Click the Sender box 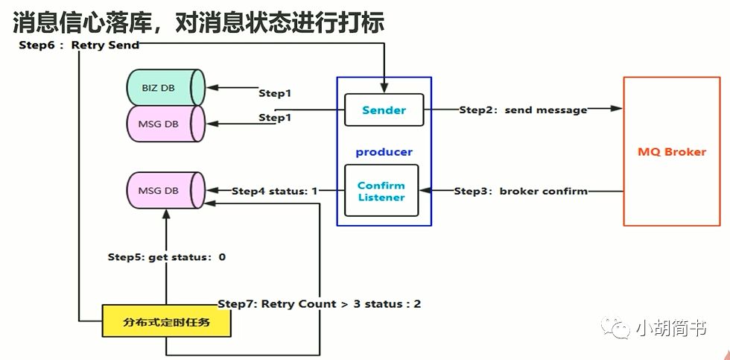pyautogui.click(x=384, y=110)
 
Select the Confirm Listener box pyautogui.click(x=381, y=191)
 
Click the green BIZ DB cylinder pyautogui.click(x=165, y=88)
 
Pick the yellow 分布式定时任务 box pyautogui.click(x=166, y=322)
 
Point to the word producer pyautogui.click(x=384, y=152)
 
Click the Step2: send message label pyautogui.click(x=522, y=110)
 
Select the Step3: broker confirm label pyautogui.click(x=521, y=191)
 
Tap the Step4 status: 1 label pyautogui.click(x=274, y=191)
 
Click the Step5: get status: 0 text pyautogui.click(x=166, y=257)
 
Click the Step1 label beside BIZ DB pyautogui.click(x=274, y=93)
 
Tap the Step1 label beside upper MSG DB pyautogui.click(x=274, y=118)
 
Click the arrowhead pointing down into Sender pyautogui.click(x=384, y=89)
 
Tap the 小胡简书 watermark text pyautogui.click(x=670, y=328)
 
